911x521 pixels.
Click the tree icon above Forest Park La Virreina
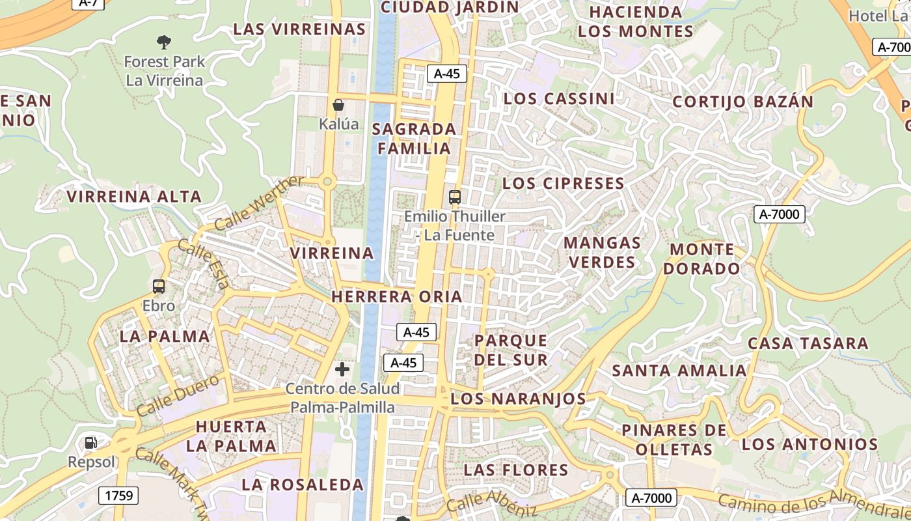164,42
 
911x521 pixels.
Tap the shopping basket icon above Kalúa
338,104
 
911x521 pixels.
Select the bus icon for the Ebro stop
159,286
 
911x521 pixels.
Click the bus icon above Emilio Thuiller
455,197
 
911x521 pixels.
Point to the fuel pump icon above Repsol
91,443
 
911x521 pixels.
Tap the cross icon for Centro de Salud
342,370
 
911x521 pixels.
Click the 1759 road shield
119,496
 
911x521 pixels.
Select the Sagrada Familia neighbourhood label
414,138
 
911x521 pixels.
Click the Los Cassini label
559,99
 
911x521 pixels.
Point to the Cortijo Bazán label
742,102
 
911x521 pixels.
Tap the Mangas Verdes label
601,253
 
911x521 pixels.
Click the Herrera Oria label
397,297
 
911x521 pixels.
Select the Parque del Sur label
511,350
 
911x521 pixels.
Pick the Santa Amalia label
679,371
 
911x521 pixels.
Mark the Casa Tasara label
808,343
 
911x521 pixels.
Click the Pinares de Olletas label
674,440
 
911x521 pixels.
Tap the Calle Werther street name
258,203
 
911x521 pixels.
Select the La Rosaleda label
303,485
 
